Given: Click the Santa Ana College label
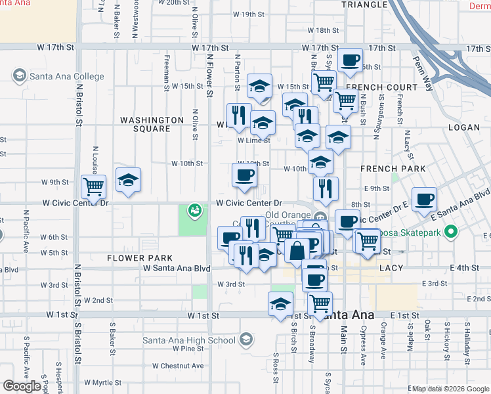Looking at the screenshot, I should pyautogui.click(x=66, y=76).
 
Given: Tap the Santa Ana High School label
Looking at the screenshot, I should pyautogui.click(x=189, y=339).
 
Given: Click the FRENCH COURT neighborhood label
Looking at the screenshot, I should pyautogui.click(x=381, y=87).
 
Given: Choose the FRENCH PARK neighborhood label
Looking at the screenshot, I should pyautogui.click(x=393, y=169).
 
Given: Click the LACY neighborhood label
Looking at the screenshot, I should pyautogui.click(x=390, y=269).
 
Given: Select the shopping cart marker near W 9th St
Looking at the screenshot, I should pyautogui.click(x=94, y=186).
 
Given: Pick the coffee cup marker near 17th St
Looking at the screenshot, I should pyautogui.click(x=350, y=59).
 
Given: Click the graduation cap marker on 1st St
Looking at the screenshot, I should pyautogui.click(x=281, y=304).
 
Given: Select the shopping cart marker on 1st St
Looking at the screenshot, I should pyautogui.click(x=320, y=303).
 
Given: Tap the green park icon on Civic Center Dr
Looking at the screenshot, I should pyautogui.click(x=194, y=210).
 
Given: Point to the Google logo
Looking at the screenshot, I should pyautogui.click(x=23, y=386).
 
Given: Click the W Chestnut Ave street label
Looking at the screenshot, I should pyautogui.click(x=178, y=366).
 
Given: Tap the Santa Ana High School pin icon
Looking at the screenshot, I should pyautogui.click(x=245, y=339).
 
